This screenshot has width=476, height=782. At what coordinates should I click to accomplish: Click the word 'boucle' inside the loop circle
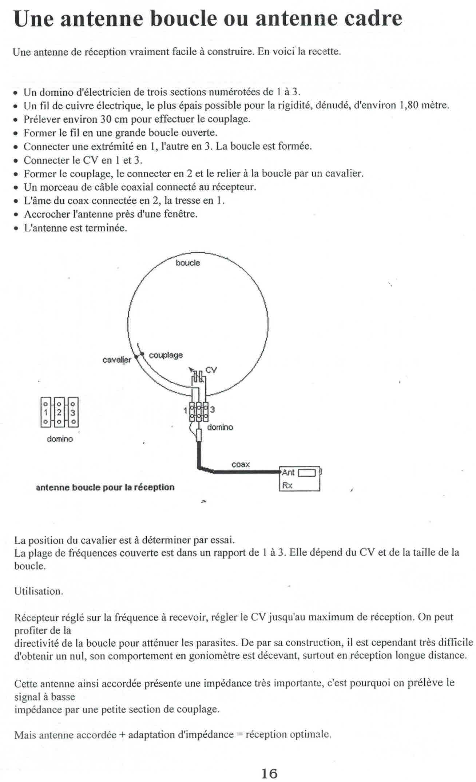pyautogui.click(x=188, y=263)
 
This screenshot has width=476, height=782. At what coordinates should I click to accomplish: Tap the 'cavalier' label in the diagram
pyautogui.click(x=116, y=360)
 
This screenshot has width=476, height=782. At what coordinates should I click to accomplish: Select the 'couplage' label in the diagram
pyautogui.click(x=166, y=355)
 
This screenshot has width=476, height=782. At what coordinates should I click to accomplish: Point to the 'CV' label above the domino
pyautogui.click(x=211, y=370)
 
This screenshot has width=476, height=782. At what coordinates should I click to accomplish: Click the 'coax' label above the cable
pyautogui.click(x=241, y=464)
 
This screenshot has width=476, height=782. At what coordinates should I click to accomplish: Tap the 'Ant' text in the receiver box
pyautogui.click(x=288, y=473)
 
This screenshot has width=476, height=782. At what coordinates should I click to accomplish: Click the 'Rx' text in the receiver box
pyautogui.click(x=287, y=485)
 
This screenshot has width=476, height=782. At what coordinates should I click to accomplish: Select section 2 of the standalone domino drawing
pyautogui.click(x=60, y=413)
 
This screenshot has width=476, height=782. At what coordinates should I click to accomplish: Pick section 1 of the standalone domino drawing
pyautogui.click(x=45, y=413)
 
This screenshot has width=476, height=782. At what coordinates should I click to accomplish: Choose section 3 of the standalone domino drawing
pyautogui.click(x=73, y=413)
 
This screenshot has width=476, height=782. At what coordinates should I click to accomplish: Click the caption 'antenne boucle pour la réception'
pyautogui.click(x=105, y=487)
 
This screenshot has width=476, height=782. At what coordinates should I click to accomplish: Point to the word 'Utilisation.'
pyautogui.click(x=39, y=591)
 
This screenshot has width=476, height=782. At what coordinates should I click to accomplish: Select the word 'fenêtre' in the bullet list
pyautogui.click(x=181, y=214)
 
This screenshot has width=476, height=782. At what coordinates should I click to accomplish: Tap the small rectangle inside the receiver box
pyautogui.click(x=307, y=473)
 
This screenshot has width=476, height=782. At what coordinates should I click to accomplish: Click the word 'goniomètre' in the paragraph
pyautogui.click(x=213, y=656)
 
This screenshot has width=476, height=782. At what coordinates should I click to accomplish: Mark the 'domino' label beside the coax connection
pyautogui.click(x=220, y=427)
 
